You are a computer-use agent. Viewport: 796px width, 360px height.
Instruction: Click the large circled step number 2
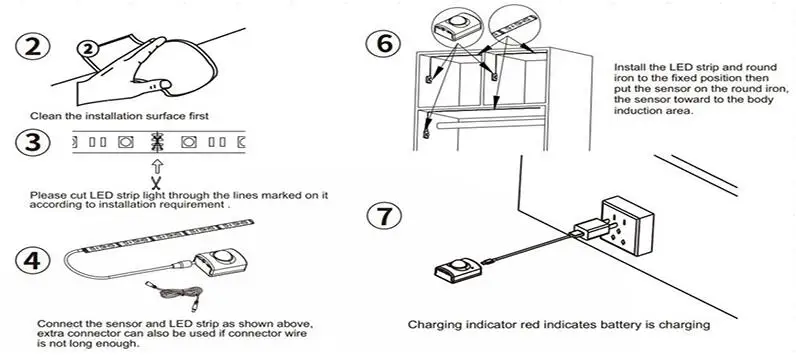(x=32, y=47)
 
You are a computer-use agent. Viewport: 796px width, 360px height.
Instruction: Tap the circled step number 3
(x=32, y=143)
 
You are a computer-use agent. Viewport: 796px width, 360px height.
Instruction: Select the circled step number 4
(x=32, y=260)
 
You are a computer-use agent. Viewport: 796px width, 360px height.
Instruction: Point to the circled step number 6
(x=384, y=44)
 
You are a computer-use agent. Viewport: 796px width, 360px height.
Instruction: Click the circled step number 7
(x=384, y=215)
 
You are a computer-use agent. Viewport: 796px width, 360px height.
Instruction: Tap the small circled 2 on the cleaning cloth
(x=88, y=50)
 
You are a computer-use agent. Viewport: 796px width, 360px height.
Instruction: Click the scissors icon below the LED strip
(x=157, y=181)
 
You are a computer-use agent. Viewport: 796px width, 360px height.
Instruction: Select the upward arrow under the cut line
(x=157, y=166)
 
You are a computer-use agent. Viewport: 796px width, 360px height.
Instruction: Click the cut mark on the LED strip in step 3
(x=157, y=142)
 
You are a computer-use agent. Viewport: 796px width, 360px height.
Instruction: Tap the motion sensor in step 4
(x=221, y=262)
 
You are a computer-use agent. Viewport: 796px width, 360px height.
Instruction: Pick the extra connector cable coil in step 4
(x=174, y=296)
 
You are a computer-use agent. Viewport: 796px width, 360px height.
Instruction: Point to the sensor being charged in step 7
(x=458, y=270)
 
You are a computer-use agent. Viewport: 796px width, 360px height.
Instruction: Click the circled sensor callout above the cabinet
(x=457, y=24)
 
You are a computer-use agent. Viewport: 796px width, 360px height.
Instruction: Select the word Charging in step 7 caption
(x=430, y=325)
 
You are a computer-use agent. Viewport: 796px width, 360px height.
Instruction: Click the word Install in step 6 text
(x=628, y=67)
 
